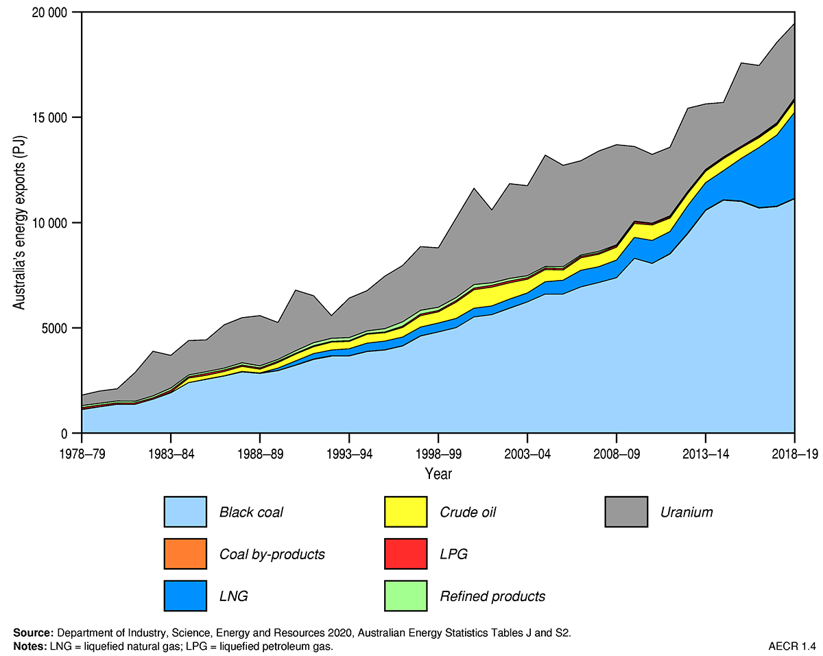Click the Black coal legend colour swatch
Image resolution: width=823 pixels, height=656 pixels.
(x=185, y=512)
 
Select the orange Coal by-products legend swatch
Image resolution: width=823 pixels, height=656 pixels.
(x=185, y=554)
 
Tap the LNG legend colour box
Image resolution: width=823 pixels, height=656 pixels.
(x=185, y=596)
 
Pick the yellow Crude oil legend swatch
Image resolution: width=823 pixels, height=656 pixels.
(x=405, y=512)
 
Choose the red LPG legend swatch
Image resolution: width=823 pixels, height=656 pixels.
(x=405, y=554)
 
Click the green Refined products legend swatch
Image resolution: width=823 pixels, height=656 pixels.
(x=405, y=596)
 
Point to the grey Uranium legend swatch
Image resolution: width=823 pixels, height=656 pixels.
(x=626, y=512)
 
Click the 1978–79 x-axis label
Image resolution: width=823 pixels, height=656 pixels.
(x=82, y=454)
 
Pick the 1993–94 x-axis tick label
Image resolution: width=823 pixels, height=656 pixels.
(x=349, y=454)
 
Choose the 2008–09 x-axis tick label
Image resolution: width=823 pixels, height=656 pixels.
(x=617, y=454)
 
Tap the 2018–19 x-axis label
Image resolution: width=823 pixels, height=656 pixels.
(x=794, y=454)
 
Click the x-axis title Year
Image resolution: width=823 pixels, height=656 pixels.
(x=438, y=473)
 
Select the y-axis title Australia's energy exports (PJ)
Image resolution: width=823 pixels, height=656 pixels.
(x=21, y=224)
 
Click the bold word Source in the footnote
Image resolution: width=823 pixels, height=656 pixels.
(x=34, y=633)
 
